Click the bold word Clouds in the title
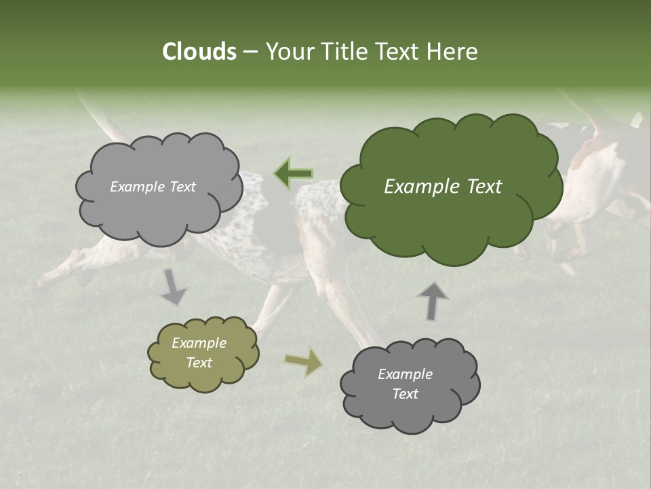click(x=199, y=51)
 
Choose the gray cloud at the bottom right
click(x=410, y=407)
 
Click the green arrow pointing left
click(x=293, y=173)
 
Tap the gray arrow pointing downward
click(x=174, y=287)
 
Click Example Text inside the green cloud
click(x=443, y=187)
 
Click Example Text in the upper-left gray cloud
click(x=153, y=187)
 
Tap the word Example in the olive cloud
click(x=199, y=343)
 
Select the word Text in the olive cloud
click(x=199, y=363)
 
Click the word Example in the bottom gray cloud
click(x=405, y=374)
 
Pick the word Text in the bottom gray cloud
click(x=405, y=394)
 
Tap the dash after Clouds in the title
click(x=249, y=52)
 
